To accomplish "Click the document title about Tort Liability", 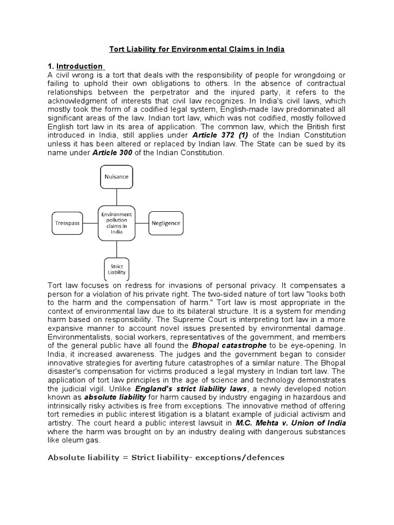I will pos(197,50).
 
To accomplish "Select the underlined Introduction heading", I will pos(80,66).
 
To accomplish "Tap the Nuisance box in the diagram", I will pos(116,176).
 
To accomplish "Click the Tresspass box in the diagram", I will pos(66,224).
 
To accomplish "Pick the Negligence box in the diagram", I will pos(166,224).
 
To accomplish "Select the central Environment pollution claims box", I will pos(116,223).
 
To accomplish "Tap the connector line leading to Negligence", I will pos(142,224).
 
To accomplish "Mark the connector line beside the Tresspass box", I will pos(91,224).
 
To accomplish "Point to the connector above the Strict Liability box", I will pos(116,249).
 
